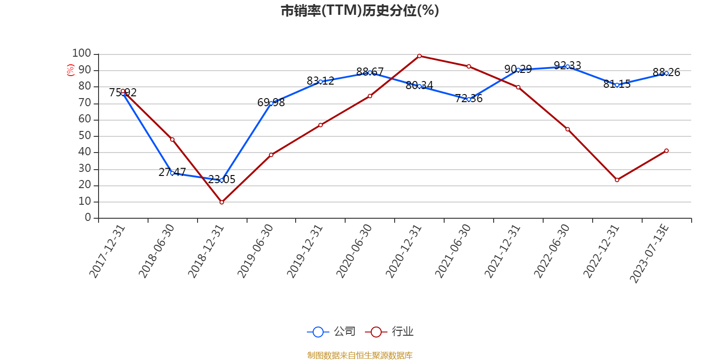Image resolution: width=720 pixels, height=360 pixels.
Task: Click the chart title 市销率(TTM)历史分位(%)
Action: [x=360, y=11]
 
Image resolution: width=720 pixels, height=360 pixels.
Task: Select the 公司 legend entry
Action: [x=331, y=331]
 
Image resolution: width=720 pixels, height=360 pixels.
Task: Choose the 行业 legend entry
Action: [x=389, y=331]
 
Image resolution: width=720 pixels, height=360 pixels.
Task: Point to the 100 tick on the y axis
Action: [x=81, y=54]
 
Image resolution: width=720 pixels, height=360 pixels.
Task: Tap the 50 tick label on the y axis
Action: [x=85, y=135]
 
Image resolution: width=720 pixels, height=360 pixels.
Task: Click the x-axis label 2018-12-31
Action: [x=206, y=252]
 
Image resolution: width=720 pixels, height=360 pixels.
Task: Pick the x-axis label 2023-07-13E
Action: [x=649, y=254]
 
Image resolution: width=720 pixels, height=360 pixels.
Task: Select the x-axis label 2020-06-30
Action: [x=354, y=252]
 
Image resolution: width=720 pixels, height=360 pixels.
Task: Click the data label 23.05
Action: [x=222, y=180]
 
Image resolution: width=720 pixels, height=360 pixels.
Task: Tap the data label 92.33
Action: [x=567, y=66]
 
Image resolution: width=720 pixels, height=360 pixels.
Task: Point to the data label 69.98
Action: [x=271, y=103]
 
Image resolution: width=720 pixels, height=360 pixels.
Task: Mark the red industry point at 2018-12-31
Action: [x=222, y=202]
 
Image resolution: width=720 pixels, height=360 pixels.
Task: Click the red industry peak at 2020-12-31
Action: [x=419, y=56]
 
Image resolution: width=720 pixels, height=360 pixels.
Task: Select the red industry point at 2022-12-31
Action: [x=617, y=180]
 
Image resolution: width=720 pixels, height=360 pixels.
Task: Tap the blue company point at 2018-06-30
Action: [x=172, y=173]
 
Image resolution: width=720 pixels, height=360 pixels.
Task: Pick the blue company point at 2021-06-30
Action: [x=469, y=99]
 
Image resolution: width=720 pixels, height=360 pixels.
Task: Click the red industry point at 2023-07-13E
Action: [x=666, y=151]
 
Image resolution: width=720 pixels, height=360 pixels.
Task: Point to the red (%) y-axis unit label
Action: [x=70, y=70]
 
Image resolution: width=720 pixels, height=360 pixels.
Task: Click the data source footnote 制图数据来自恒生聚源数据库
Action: [x=360, y=355]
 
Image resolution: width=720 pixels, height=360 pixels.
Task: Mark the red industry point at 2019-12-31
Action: [x=320, y=125]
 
